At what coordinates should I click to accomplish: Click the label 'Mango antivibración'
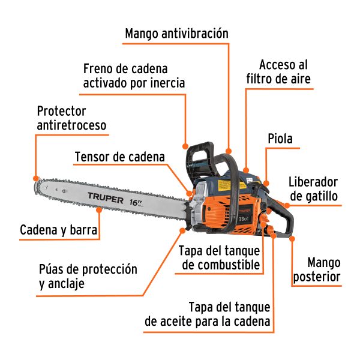point(176,33)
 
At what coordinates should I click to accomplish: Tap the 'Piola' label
point(280,139)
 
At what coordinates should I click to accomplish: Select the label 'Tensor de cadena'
point(119,157)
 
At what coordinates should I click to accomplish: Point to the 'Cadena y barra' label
point(59,230)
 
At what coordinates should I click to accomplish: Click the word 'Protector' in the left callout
point(62,112)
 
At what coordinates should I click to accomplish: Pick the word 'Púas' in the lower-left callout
point(52,269)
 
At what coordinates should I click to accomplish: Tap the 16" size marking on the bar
point(136,202)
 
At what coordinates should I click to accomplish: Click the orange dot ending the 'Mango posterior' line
point(292,239)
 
